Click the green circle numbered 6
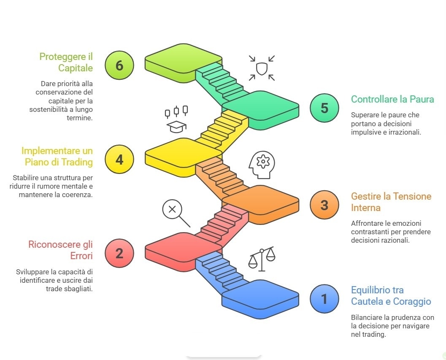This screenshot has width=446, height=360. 119,65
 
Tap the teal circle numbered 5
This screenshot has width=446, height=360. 324,108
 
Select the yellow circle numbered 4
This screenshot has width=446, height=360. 119,159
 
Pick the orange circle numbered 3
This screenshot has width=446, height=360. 324,205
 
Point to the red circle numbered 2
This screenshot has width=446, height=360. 119,253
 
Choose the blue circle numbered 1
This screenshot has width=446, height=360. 324,299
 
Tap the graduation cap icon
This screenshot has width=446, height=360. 176,126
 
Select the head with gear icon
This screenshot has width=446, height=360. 262,165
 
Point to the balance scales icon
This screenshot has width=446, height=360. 262,259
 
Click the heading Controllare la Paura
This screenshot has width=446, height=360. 392,99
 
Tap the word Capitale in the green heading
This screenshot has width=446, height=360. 76,68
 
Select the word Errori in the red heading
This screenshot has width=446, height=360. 81,256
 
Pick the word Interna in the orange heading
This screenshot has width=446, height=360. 365,208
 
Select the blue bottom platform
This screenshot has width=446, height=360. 260,299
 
